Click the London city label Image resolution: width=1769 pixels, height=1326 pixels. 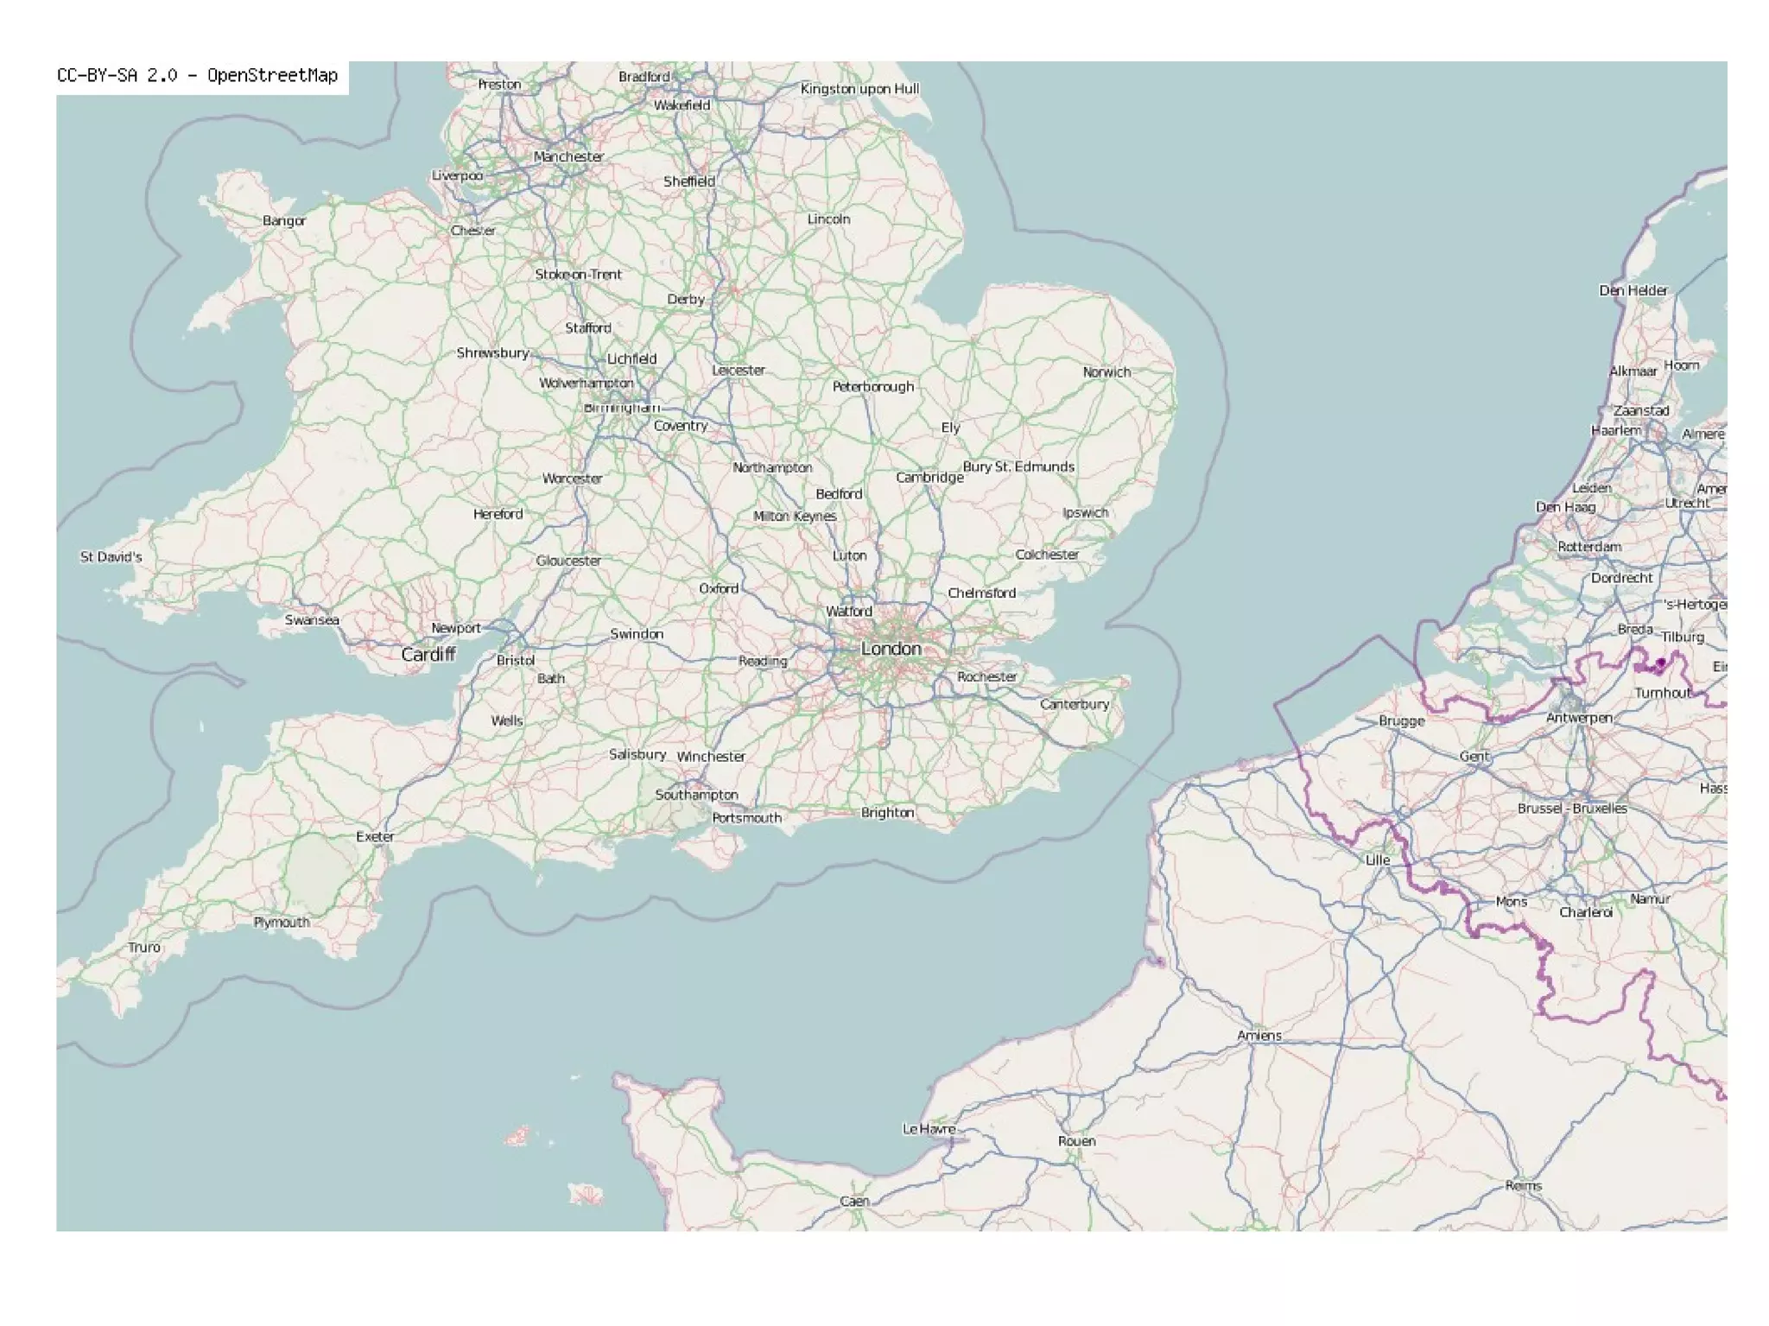(x=891, y=649)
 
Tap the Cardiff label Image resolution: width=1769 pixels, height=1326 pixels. (x=428, y=655)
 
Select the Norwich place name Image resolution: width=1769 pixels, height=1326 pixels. (x=1106, y=372)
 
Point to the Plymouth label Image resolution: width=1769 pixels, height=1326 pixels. (x=282, y=923)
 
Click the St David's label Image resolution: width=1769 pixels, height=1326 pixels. (x=111, y=557)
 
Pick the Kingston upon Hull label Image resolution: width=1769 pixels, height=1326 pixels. (x=859, y=89)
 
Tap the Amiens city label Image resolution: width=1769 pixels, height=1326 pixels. (x=1259, y=1036)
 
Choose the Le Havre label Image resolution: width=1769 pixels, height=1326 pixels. (x=929, y=1129)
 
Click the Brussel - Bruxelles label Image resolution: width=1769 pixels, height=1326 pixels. (x=1572, y=809)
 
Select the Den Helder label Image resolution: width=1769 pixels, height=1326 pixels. (x=1633, y=291)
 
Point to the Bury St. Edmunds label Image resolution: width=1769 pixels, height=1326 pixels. (x=1018, y=467)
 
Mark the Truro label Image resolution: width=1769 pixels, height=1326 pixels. (x=144, y=948)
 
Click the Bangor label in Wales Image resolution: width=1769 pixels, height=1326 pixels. (x=284, y=221)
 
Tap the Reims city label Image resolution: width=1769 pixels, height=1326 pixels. (x=1523, y=1186)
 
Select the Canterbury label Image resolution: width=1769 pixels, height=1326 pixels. (x=1075, y=705)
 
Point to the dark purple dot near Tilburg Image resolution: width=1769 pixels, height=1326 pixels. (x=1660, y=663)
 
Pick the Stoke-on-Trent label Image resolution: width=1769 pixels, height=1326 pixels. (x=578, y=275)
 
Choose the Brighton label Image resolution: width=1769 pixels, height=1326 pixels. (x=887, y=813)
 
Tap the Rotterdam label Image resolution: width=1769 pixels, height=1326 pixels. (x=1589, y=547)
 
